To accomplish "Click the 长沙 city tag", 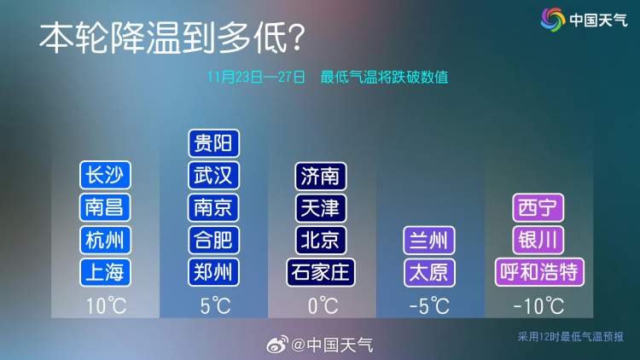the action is (105, 175).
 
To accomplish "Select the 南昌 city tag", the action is (105, 207).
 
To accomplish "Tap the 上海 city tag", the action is (105, 272).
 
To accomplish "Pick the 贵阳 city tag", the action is (214, 143).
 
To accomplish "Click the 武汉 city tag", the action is (214, 176).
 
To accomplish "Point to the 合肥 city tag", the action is (214, 240).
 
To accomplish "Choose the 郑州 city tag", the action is (214, 272).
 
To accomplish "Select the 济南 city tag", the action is (321, 177).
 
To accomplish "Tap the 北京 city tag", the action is (321, 240).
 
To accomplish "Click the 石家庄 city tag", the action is (321, 272).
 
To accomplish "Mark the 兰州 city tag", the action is (429, 241).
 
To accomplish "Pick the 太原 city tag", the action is (429, 273).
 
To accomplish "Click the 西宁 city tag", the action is (538, 208).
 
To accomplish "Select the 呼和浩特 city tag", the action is (539, 272).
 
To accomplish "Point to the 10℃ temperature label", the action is (106, 305).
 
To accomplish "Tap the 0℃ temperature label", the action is (323, 305).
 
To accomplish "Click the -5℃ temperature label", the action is (429, 306).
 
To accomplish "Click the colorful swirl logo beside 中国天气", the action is (553, 19).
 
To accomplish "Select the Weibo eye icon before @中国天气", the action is (277, 345).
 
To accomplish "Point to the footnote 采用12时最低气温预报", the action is (571, 337).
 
